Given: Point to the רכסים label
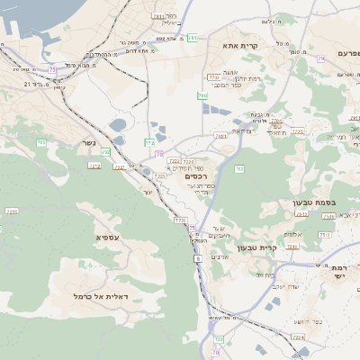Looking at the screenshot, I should [198, 175].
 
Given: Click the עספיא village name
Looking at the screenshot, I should [107, 237].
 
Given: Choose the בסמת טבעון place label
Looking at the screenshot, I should [314, 202].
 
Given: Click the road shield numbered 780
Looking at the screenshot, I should [202, 96].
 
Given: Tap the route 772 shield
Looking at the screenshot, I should [150, 142].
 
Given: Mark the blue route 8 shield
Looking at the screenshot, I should [197, 258].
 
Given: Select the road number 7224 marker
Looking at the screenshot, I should [298, 337].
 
